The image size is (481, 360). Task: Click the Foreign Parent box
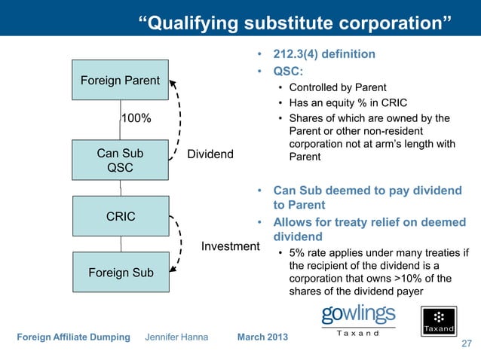point(120,80)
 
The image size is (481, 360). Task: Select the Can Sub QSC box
point(120,160)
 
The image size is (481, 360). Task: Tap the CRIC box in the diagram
point(120,217)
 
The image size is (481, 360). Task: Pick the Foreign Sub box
point(120,273)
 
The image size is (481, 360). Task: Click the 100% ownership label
point(136,119)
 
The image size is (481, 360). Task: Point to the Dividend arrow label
point(210,155)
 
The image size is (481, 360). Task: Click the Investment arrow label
point(230,246)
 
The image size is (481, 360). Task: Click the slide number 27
point(465,344)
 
